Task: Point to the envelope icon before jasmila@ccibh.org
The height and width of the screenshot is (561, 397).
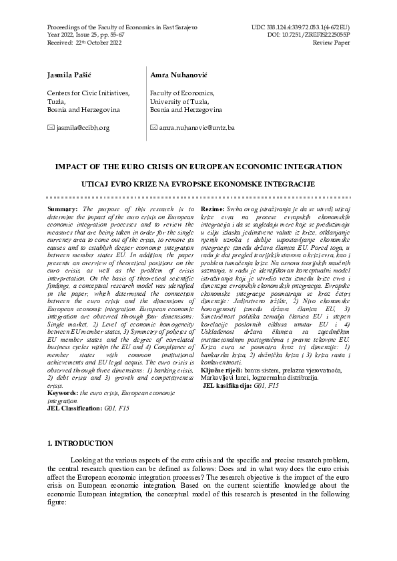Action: tap(49, 127)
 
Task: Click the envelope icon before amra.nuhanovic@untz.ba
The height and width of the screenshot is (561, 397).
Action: tap(153, 127)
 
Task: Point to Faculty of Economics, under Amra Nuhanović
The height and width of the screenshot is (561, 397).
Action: tap(182, 93)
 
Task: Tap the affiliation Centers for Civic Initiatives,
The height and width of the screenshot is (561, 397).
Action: tap(88, 93)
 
